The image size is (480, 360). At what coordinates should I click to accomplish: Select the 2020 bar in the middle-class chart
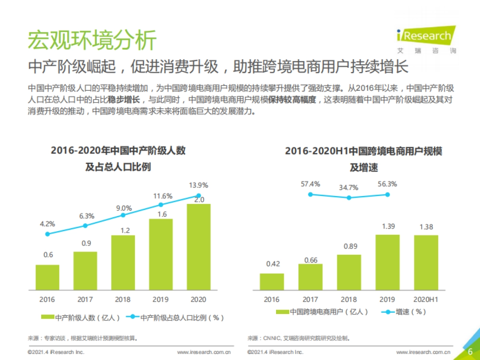point(198,247)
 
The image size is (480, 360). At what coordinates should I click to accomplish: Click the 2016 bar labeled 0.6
point(47,277)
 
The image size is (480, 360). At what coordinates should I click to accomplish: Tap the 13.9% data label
point(198,185)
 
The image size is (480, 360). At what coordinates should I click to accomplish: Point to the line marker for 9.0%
point(123,215)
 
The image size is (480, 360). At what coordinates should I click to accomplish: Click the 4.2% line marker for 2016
point(47,234)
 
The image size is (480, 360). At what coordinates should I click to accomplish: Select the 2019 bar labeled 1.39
point(387,262)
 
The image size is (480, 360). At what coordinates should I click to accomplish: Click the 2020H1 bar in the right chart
point(426,262)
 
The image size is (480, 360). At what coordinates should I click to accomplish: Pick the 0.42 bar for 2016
point(272,282)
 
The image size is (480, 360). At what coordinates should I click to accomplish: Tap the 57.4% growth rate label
point(310,184)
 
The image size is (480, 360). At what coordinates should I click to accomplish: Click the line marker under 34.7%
point(349,198)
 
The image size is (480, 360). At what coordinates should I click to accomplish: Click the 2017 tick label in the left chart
point(85,300)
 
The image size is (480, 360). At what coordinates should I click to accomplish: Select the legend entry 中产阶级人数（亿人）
point(80,318)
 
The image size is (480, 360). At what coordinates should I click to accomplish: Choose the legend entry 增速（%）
point(404,312)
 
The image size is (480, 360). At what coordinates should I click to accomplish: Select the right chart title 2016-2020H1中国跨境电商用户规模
point(364,151)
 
